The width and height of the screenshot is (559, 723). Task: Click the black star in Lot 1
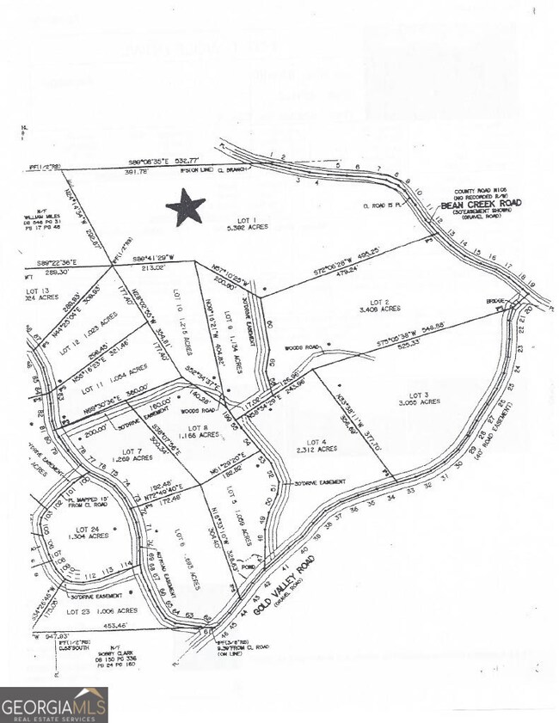186,208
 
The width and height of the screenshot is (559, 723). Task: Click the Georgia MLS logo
53,705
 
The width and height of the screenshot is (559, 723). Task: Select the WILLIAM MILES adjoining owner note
39,221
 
